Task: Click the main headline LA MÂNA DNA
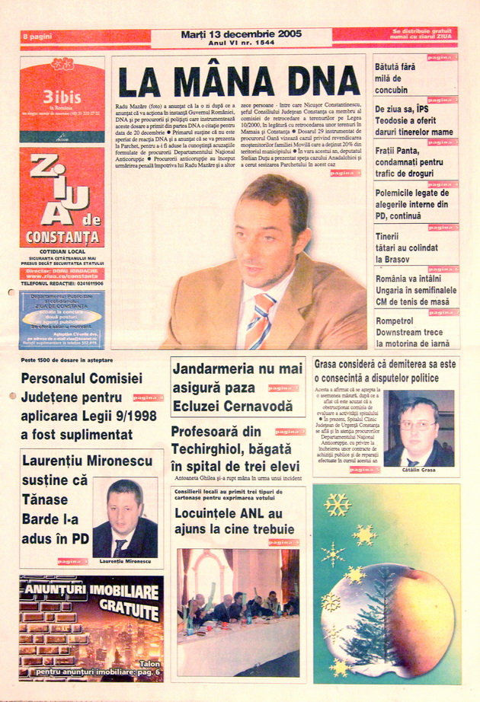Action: point(238,81)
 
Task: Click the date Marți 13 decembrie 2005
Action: point(241,34)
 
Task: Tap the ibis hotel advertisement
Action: point(62,99)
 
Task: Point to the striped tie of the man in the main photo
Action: point(258,320)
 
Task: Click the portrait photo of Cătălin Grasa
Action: point(418,428)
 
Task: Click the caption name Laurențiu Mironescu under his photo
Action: point(124,561)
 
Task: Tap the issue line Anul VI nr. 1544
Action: point(242,43)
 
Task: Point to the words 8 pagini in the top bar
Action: point(37,36)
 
